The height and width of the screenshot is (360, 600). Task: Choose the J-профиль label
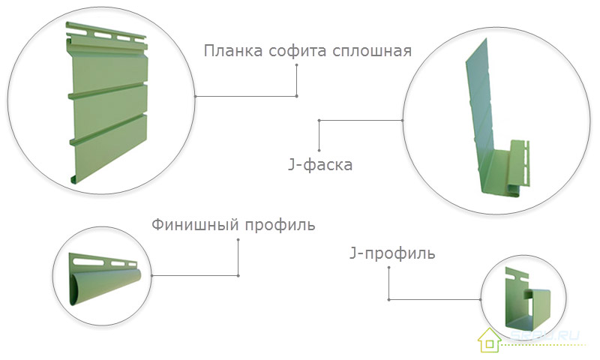coord(392,253)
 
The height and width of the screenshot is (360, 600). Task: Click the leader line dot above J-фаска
coord(319,120)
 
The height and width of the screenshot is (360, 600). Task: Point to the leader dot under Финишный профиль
coord(238,240)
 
